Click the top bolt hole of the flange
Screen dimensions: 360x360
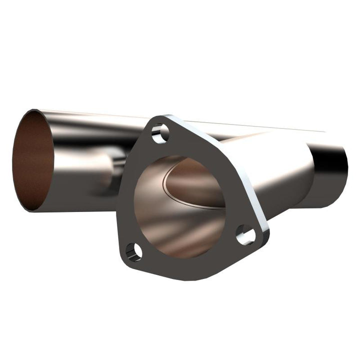tap(160, 133)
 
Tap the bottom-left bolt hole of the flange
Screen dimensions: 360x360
tap(134, 250)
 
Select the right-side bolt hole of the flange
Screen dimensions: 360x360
tap(245, 234)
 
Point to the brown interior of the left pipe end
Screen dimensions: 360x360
tap(33, 160)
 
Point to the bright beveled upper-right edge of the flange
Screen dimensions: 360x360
tap(220, 165)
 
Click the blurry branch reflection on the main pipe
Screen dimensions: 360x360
tap(107, 167)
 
